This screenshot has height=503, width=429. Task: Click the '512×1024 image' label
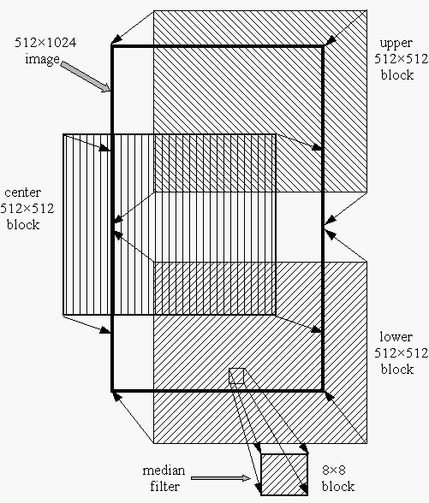pos(45,50)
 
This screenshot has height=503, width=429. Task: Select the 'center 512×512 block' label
pos(27,209)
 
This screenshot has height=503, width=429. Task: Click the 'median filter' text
pos(164,478)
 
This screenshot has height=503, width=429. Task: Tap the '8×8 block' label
pos(338,478)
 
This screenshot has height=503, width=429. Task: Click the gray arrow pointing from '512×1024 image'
pos(86,77)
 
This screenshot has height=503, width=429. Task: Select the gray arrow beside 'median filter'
pos(221,478)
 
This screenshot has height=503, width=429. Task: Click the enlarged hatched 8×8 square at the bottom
pos(284,475)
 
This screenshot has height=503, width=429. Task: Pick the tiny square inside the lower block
pos(236,376)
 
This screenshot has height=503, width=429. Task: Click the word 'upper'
pos(396,44)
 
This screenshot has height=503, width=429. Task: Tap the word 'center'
pos(23,192)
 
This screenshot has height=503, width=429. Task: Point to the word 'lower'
pos(396,337)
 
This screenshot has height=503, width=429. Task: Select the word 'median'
pos(164,470)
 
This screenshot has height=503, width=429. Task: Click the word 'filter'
pos(164,486)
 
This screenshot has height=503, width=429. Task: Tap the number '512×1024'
pos(45,43)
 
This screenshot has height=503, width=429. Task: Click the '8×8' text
pos(334,470)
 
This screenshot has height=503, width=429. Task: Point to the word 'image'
pos(43,59)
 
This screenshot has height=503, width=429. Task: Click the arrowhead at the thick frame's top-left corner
pos(116,38)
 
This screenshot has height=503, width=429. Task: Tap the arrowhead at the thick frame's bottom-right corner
pos(330,396)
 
